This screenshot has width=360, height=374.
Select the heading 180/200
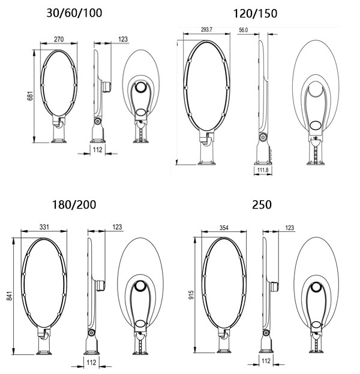point(74,205)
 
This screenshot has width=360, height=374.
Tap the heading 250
point(262,204)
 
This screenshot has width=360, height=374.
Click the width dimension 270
point(59,38)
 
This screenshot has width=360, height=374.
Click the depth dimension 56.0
point(244,29)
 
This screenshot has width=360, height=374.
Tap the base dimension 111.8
point(262,170)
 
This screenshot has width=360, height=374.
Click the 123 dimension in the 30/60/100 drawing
point(122,39)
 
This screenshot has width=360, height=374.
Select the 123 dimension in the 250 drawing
point(290,228)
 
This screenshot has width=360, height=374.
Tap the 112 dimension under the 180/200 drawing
point(92,364)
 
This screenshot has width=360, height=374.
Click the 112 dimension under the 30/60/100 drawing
point(97,150)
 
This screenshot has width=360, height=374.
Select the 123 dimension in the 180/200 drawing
point(118,227)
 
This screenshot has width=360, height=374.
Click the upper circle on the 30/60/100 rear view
point(141,88)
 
